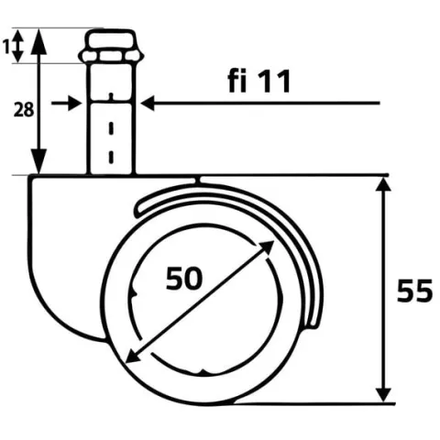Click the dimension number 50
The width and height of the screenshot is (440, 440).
pos(184,278)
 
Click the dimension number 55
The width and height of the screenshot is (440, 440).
pos(414,291)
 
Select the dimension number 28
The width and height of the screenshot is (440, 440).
pos(24,110)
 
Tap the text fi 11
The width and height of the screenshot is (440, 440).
pos(259,82)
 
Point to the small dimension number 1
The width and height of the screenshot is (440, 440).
pos(6,48)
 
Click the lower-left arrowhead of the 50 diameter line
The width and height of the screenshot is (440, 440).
pos(132,357)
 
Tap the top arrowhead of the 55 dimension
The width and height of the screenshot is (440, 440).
pos(383,184)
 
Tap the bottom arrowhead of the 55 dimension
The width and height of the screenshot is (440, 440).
pos(383,395)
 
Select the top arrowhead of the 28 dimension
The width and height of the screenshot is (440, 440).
pos(38,41)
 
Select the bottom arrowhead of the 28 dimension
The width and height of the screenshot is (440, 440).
pos(38,161)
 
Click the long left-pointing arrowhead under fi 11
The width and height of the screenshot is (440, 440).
pos(148,104)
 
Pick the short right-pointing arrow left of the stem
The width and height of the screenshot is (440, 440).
pos(66,104)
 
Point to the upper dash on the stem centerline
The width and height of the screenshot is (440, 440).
pos(111,128)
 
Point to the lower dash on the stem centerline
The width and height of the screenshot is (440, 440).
pos(111,157)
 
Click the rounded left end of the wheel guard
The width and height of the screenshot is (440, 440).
pos(139,210)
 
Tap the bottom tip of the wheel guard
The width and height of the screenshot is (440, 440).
pos(313,325)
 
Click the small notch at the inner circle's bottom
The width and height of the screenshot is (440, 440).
pos(202,372)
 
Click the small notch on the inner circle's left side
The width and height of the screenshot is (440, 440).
pos(133,292)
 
